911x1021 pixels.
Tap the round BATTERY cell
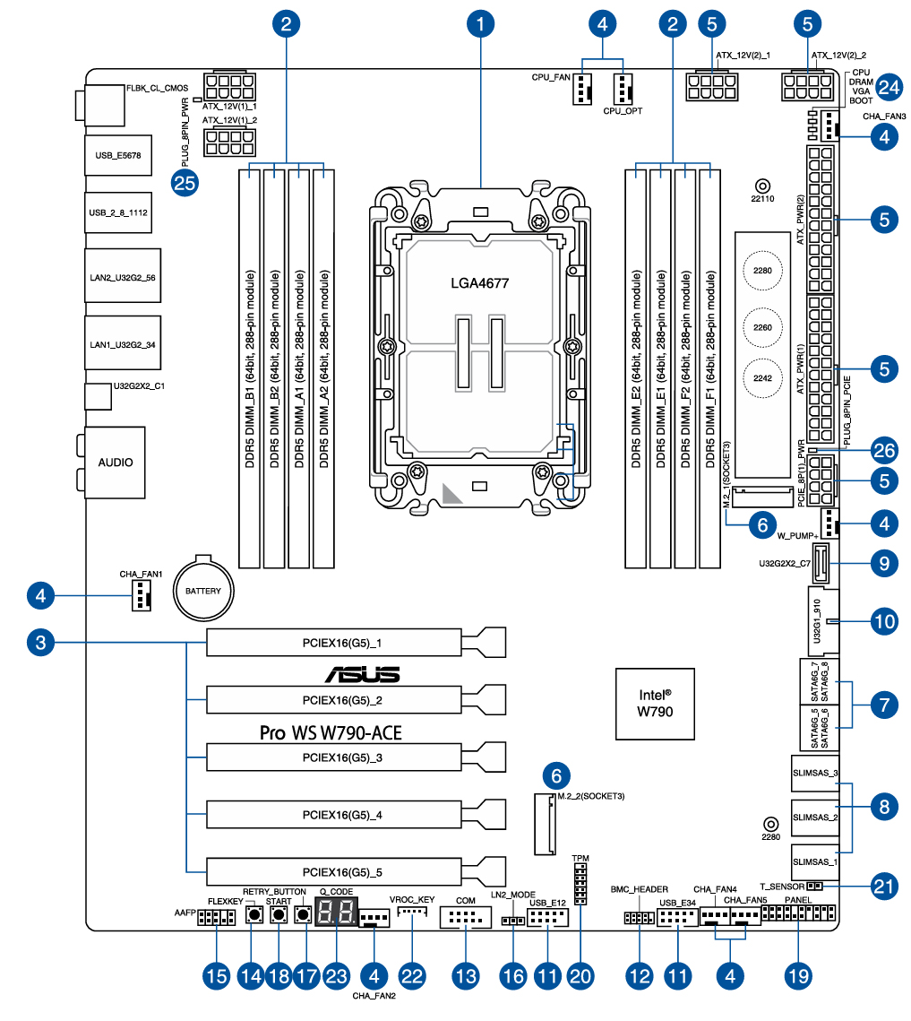(x=203, y=591)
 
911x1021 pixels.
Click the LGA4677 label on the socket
(x=479, y=283)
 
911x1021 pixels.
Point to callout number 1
(x=481, y=22)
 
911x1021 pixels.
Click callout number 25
(x=185, y=183)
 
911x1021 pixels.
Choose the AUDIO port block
(x=116, y=463)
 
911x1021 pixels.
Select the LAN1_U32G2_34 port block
(x=123, y=343)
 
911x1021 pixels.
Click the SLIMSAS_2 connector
(x=815, y=817)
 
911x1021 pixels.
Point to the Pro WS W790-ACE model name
(x=331, y=732)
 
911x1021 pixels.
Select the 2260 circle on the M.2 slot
(x=762, y=327)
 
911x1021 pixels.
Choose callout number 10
(x=884, y=620)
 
